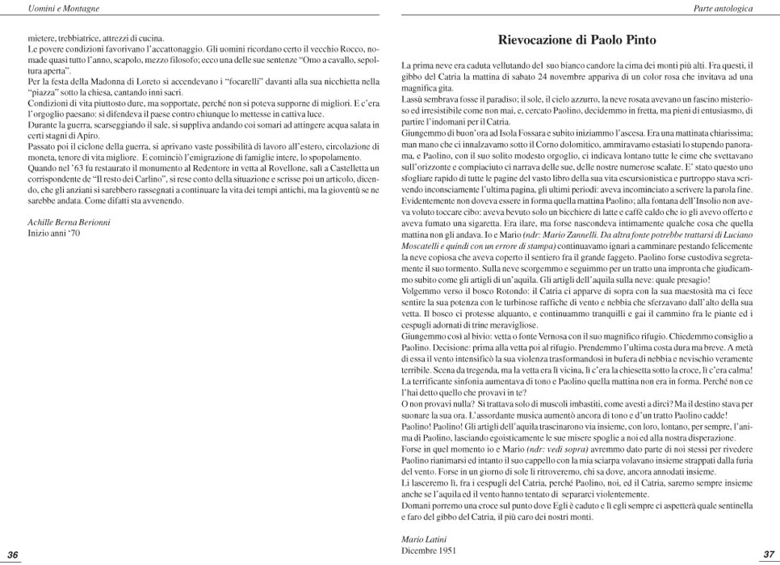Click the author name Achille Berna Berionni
(69, 221)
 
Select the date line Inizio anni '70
(54, 233)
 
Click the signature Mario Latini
(425, 538)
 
